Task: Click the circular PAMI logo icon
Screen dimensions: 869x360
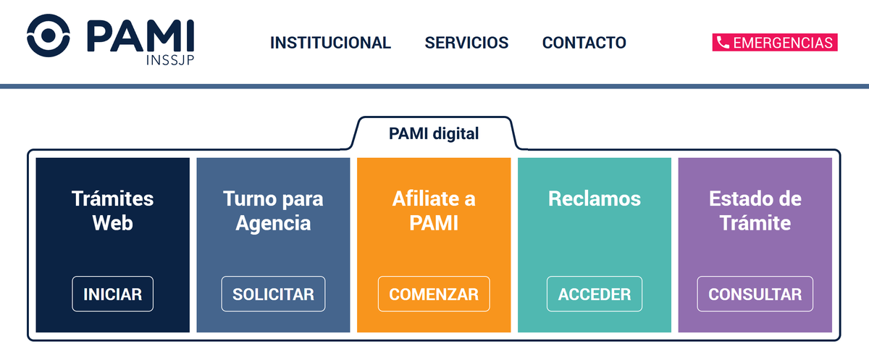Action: point(48,35)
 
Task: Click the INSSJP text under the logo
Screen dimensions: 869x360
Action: point(170,60)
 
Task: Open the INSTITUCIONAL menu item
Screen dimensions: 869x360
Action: point(330,43)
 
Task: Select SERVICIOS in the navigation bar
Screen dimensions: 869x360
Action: point(466,43)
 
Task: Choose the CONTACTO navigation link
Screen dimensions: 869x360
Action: point(584,43)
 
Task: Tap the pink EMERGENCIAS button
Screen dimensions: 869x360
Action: point(775,42)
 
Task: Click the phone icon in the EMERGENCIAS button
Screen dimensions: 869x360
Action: point(723,42)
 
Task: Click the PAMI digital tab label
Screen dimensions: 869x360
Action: point(434,133)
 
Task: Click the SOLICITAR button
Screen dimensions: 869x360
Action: point(273,293)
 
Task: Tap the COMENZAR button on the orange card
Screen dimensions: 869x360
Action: point(434,293)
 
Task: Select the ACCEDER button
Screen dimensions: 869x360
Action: point(595,293)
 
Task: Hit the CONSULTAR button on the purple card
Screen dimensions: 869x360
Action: point(755,293)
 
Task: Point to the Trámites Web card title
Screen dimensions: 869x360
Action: point(112,211)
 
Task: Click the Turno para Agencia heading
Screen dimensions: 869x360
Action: point(273,212)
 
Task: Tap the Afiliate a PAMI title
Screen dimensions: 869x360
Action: point(434,211)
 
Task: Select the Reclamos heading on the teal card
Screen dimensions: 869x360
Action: point(595,198)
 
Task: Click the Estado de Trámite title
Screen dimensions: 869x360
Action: point(755,211)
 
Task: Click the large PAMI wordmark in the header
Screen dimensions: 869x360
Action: point(140,36)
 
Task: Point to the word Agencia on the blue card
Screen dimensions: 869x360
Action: point(273,224)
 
